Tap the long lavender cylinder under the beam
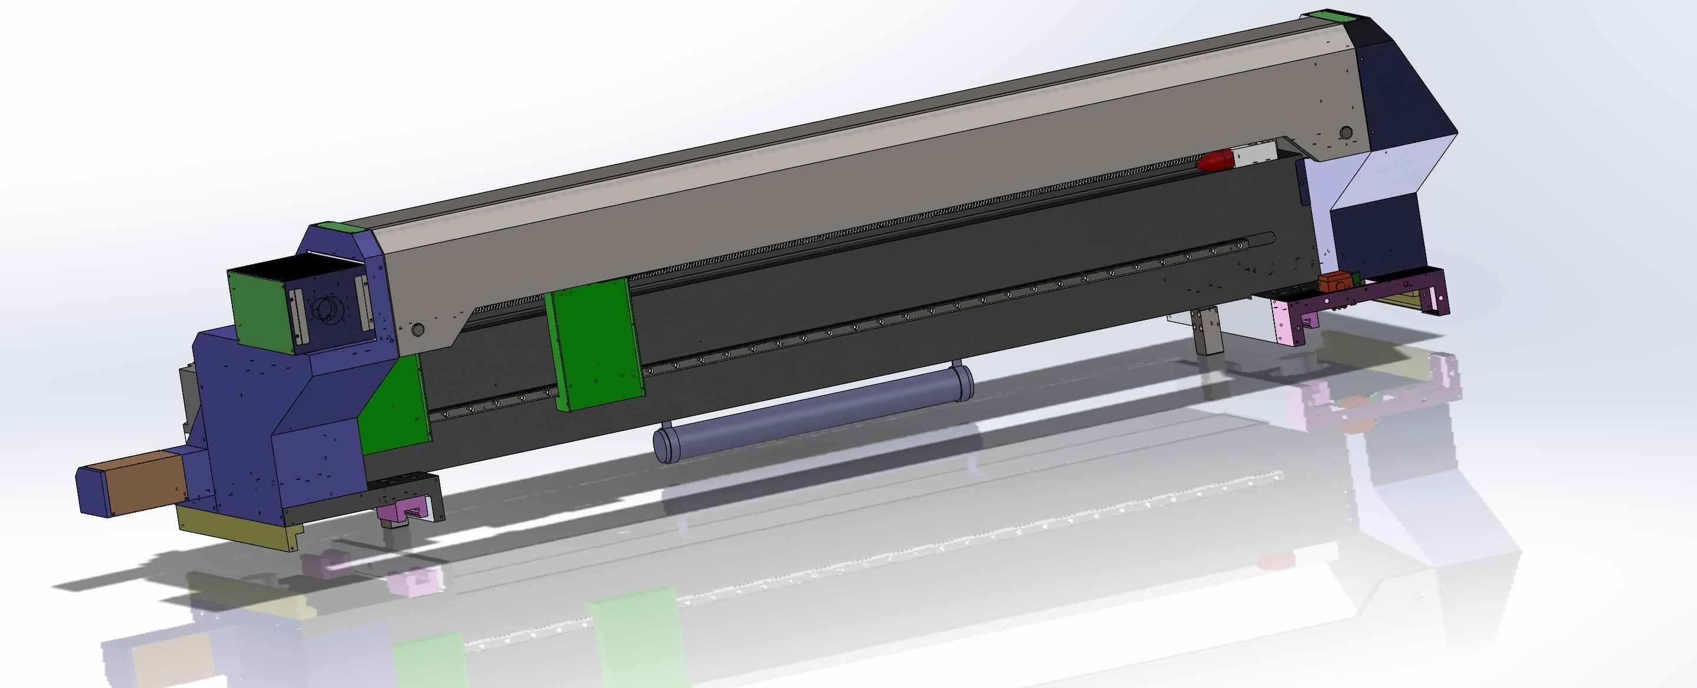(x=811, y=414)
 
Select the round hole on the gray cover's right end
(x=1346, y=133)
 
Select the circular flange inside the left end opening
(x=327, y=308)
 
